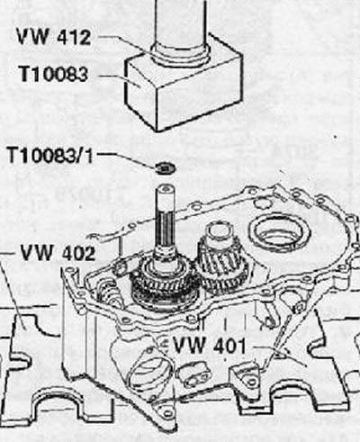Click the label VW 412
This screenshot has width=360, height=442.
click(x=53, y=36)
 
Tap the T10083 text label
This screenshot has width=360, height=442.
click(x=53, y=74)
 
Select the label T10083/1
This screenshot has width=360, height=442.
click(x=50, y=156)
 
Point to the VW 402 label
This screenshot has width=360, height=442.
click(x=58, y=253)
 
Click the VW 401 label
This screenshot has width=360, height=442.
click(x=210, y=345)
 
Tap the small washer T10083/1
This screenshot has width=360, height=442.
click(x=166, y=167)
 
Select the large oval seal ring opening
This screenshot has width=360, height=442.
click(x=279, y=231)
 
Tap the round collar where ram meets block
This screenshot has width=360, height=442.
click(x=180, y=55)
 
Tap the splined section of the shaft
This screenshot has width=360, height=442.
click(x=166, y=231)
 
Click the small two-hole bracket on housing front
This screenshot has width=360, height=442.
click(x=193, y=375)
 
